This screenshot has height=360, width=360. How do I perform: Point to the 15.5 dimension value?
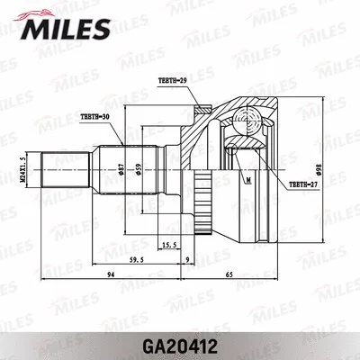[167, 243]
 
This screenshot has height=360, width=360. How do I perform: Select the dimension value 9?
[186, 261]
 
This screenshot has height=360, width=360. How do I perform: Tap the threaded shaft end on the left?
[63, 168]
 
